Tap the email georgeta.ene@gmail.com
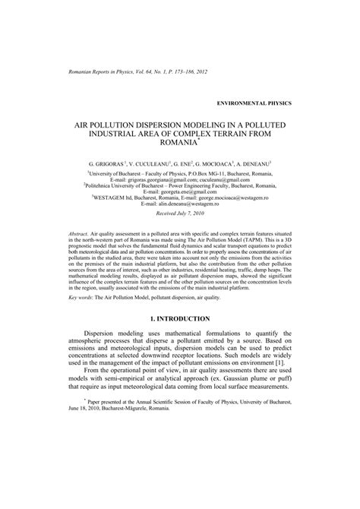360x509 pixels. click(x=198, y=190)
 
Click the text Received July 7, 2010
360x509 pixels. click(x=180, y=215)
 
